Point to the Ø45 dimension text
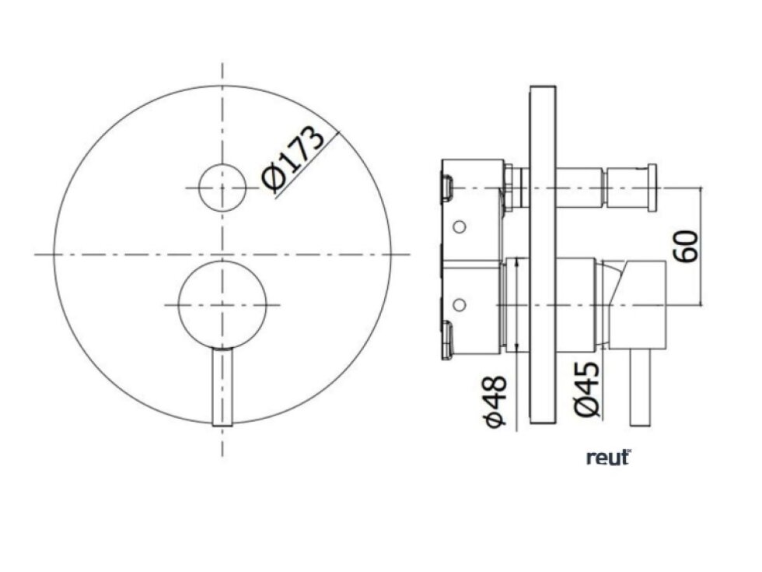[x=586, y=389]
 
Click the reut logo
[x=609, y=458]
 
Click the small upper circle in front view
[x=222, y=188]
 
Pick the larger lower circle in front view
[x=222, y=305]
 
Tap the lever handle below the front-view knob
[x=222, y=387]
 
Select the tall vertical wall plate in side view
[x=543, y=255]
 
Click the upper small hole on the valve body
[x=459, y=226]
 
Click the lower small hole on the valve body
[x=459, y=305]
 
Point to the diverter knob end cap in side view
[x=652, y=188]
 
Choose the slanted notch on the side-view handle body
[x=613, y=281]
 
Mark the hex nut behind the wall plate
[x=509, y=188]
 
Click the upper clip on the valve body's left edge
[x=446, y=188]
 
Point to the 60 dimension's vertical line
[x=701, y=246]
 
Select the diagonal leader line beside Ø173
[x=306, y=163]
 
